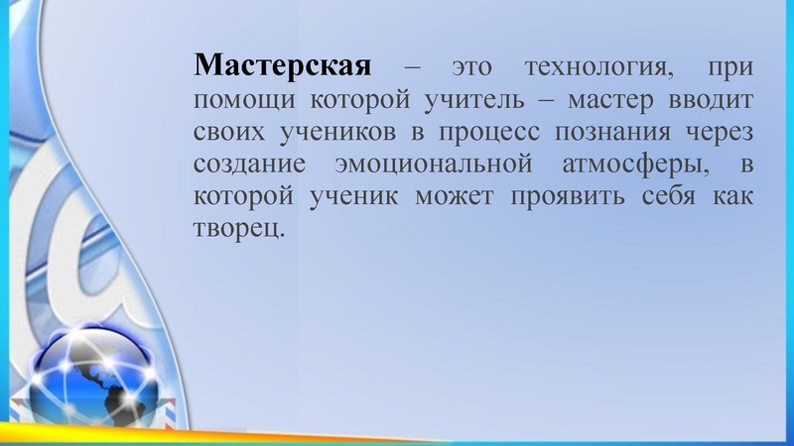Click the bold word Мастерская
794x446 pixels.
pyautogui.click(x=283, y=67)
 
